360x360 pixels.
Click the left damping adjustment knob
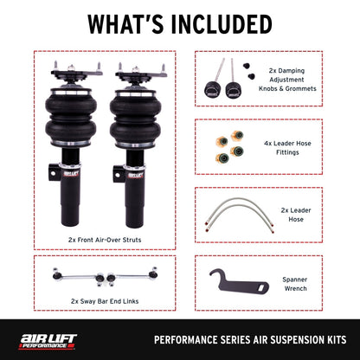[x=209, y=90]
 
